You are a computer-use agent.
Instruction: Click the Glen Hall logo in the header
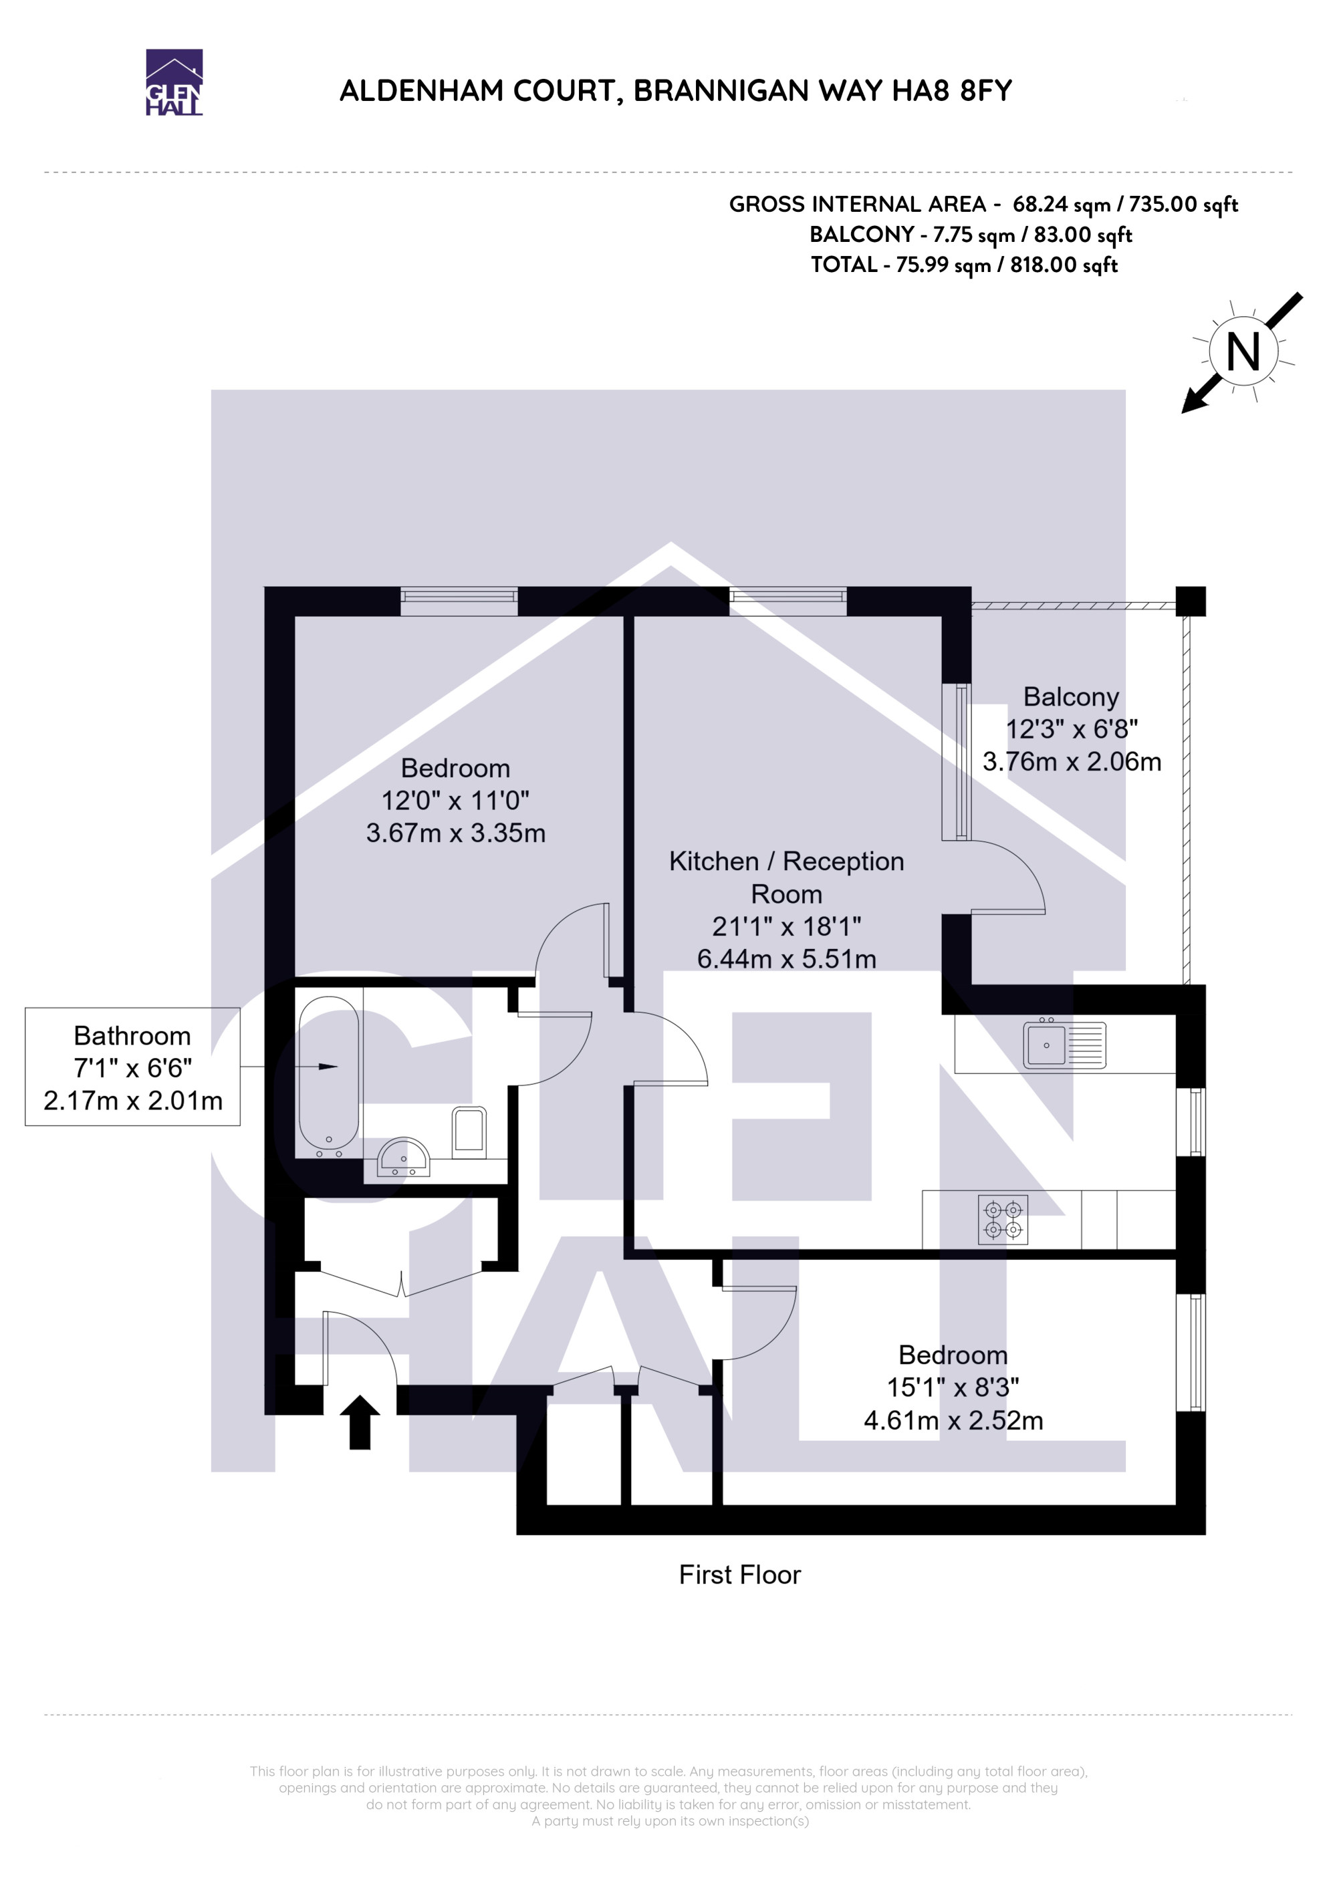tap(174, 82)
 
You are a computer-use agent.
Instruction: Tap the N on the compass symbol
tap(1243, 352)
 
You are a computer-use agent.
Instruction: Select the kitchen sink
tap(1064, 1045)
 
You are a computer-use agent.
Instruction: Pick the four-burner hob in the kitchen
tap(1003, 1219)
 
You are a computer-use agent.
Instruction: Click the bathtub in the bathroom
tap(328, 1077)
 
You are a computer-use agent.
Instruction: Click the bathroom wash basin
tap(403, 1157)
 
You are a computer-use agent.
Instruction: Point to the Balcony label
tap(1071, 696)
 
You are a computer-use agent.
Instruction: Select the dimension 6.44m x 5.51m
tap(786, 959)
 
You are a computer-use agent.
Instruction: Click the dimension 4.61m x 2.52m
tap(953, 1420)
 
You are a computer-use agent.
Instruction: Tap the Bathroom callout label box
tap(132, 1067)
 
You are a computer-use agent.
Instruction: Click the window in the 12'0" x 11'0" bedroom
tap(459, 601)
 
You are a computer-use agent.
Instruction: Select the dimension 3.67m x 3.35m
tap(455, 833)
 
